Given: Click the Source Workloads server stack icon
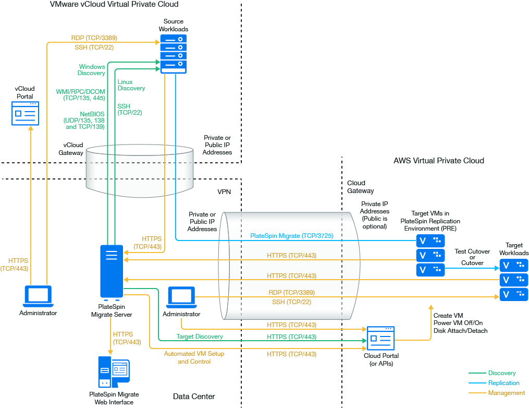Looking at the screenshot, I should tap(173, 54).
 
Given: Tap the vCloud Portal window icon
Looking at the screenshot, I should tap(25, 114).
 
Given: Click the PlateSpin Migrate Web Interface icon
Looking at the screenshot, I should tap(114, 373).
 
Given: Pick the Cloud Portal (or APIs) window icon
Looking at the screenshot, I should tap(380, 339).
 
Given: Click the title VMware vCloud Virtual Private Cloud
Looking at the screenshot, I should tap(114, 4).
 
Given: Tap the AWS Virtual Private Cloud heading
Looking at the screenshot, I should tap(439, 161).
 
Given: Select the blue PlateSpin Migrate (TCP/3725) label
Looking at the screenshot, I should tap(291, 236).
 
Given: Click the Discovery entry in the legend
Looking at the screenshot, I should tap(502, 373).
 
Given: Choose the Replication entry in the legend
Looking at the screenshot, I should tap(503, 383).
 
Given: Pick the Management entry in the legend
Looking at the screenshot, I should tap(506, 393).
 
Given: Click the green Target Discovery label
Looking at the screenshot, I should tap(200, 337).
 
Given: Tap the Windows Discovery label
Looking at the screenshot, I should tap(92, 70).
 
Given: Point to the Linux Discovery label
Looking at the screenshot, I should tap(131, 85).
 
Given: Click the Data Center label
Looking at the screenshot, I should tap(194, 397).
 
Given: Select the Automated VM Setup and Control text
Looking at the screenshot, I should tap(194, 357).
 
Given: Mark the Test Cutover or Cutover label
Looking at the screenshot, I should tap(472, 257).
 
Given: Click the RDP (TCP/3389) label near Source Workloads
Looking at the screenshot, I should tap(94, 38).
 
